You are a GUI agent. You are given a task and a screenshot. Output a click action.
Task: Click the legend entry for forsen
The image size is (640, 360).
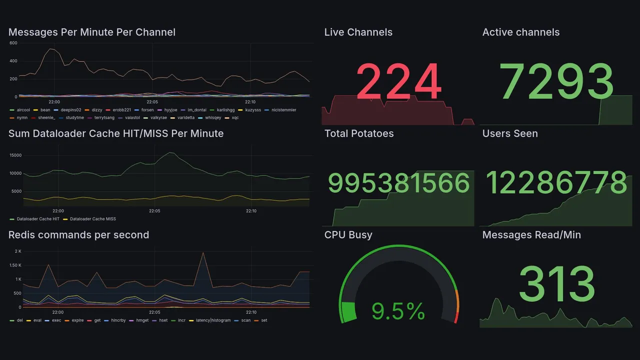[147, 110]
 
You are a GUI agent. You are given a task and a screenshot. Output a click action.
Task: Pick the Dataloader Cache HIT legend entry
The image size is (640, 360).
[38, 219]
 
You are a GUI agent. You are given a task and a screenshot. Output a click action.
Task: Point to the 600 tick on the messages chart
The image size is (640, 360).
[13, 43]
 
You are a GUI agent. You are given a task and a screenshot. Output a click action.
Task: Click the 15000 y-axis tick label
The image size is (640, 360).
[15, 155]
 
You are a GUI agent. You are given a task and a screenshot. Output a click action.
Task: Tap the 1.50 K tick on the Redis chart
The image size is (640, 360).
[14, 265]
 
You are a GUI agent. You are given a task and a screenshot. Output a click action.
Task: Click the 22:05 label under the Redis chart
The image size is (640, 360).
[154, 312]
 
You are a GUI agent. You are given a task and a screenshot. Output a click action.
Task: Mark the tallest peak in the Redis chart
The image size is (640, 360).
[203, 253]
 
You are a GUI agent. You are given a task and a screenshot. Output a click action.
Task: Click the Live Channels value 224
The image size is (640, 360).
[398, 82]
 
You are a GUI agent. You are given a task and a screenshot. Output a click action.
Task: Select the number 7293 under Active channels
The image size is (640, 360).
[556, 82]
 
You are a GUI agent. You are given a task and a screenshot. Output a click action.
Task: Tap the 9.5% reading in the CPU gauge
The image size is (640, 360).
[398, 312]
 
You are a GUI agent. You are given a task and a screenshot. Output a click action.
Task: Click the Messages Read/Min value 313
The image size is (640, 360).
[556, 283]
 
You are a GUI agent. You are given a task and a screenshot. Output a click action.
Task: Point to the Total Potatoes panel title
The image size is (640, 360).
[359, 133]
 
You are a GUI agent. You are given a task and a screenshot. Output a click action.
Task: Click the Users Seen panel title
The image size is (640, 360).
[510, 133]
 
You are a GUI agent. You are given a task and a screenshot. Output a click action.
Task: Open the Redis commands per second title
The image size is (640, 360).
[78, 235]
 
